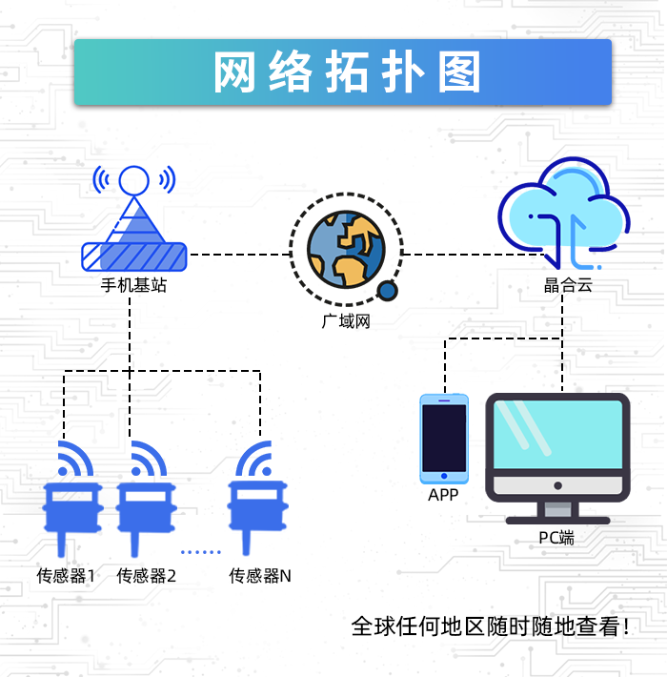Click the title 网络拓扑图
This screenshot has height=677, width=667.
click(x=347, y=72)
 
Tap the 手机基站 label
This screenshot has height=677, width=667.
click(x=133, y=285)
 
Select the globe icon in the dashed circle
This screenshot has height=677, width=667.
click(x=346, y=249)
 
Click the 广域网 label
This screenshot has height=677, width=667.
click(x=346, y=321)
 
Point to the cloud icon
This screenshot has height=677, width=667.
click(x=564, y=214)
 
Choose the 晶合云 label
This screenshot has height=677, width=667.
click(x=568, y=285)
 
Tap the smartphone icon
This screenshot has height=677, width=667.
click(x=444, y=439)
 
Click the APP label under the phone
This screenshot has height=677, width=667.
click(x=443, y=495)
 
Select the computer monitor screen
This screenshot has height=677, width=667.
click(x=557, y=434)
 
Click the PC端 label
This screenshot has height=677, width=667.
click(x=556, y=538)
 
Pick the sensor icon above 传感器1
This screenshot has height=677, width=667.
click(x=72, y=499)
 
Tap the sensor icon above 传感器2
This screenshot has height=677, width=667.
click(x=146, y=499)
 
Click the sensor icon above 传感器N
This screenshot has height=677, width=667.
click(x=258, y=498)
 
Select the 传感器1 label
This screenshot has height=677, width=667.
click(x=66, y=576)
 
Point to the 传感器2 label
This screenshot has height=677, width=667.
click(x=146, y=576)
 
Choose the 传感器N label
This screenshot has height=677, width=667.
click(x=260, y=576)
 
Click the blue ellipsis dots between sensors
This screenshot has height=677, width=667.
click(x=201, y=552)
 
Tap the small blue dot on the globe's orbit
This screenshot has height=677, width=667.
click(x=387, y=291)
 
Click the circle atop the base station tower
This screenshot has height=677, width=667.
click(x=133, y=181)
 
